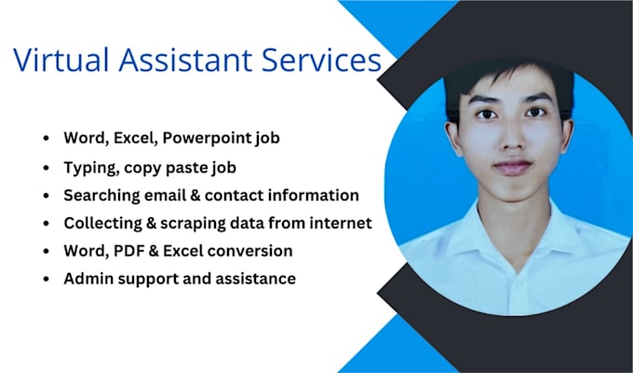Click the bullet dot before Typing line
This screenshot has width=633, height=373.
pyautogui.click(x=47, y=168)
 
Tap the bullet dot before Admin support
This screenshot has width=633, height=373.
pyautogui.click(x=47, y=279)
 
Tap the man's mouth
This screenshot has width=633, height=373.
pyautogui.click(x=512, y=167)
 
